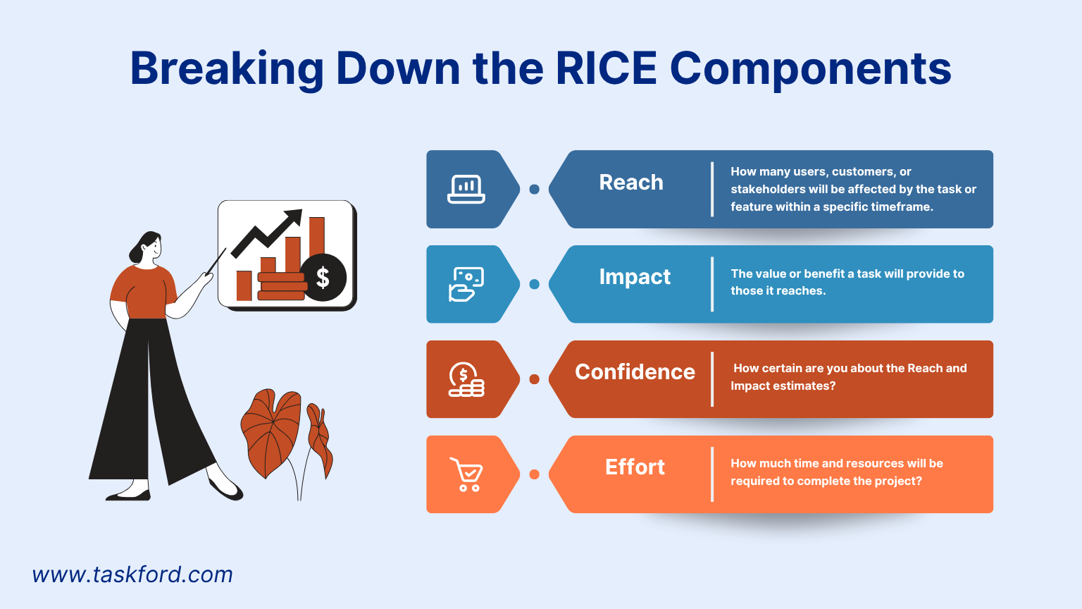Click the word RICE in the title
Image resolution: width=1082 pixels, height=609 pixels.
pyautogui.click(x=607, y=68)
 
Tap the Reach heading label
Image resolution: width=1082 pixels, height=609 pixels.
pyautogui.click(x=631, y=183)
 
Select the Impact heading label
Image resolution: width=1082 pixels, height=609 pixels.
pyautogui.click(x=635, y=277)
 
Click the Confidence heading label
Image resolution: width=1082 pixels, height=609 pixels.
pyautogui.click(x=635, y=371)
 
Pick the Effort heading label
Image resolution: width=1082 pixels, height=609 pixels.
pyautogui.click(x=635, y=467)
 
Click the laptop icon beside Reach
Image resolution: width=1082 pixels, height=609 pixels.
pyautogui.click(x=466, y=189)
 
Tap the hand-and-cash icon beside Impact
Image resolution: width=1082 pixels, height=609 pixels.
pyautogui.click(x=466, y=284)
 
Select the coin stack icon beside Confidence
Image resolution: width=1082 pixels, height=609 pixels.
pyautogui.click(x=466, y=379)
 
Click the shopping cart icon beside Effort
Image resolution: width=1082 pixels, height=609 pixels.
pyautogui.click(x=466, y=474)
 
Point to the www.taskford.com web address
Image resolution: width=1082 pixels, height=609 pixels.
pyautogui.click(x=132, y=574)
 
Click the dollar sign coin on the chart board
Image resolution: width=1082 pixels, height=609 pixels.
pyautogui.click(x=323, y=278)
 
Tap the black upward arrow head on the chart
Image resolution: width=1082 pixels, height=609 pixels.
pyautogui.click(x=294, y=217)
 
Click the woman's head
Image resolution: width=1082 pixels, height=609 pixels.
pyautogui.click(x=147, y=247)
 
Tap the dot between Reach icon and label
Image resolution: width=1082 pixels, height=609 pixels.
pyautogui.click(x=534, y=189)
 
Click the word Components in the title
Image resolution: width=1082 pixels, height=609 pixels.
pyautogui.click(x=811, y=68)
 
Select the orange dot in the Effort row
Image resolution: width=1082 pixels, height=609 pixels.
pyautogui.click(x=534, y=474)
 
